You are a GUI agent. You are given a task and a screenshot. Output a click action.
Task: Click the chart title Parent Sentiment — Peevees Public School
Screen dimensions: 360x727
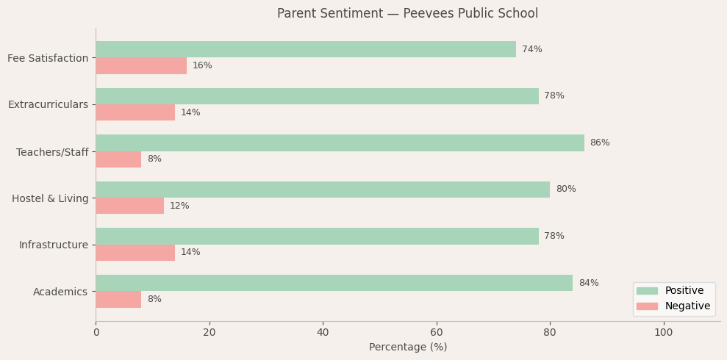407,14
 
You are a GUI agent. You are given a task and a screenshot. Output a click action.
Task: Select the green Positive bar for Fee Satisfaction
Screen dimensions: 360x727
306,49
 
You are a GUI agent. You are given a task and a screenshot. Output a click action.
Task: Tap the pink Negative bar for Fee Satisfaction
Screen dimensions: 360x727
141,66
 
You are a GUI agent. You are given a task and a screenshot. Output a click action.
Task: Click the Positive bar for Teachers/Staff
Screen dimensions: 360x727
340,143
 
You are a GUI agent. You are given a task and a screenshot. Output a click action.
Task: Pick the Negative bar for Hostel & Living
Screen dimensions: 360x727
129,206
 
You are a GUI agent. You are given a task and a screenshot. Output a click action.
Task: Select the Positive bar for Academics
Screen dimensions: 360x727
334,283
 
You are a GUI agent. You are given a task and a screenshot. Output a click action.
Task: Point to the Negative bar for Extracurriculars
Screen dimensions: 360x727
135,112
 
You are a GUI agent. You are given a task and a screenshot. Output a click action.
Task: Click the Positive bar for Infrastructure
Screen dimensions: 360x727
317,236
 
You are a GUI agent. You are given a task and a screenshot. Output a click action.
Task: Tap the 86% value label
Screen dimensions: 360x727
600,143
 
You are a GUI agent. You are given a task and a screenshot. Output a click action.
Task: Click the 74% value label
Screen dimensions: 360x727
532,50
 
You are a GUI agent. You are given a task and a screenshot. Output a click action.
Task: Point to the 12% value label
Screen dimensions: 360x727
179,206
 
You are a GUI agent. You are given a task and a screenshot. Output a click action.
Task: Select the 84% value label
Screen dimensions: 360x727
589,284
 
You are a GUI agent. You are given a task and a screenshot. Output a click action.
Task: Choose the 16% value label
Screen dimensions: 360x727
202,66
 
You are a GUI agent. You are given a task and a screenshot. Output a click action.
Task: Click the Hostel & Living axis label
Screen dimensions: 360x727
50,198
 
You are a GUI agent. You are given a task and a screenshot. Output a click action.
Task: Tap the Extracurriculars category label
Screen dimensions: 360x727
48,105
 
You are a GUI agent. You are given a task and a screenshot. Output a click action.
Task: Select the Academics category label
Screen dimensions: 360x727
60,292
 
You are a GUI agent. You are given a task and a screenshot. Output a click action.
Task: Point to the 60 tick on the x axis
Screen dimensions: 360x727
437,333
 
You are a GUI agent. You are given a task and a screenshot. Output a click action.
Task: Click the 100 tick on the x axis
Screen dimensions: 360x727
664,333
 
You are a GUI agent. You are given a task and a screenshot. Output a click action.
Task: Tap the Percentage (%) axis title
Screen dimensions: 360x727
408,348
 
